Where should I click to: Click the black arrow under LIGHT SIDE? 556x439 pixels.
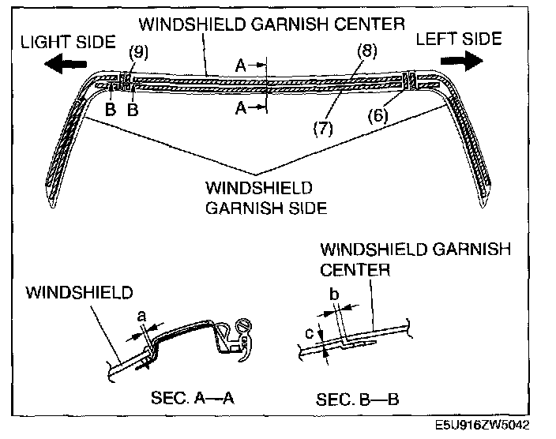click(66, 64)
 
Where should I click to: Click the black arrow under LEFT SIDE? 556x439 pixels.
click(462, 61)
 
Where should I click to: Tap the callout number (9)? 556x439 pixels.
click(139, 52)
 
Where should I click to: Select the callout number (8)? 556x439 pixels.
click(367, 51)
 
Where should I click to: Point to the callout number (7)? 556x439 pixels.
click(323, 129)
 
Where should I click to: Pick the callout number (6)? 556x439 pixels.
click(378, 116)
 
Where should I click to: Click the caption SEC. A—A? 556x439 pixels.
click(193, 398)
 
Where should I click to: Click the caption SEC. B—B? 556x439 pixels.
click(358, 400)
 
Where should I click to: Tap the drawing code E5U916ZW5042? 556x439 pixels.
click(483, 425)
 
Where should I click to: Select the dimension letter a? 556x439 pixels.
click(141, 316)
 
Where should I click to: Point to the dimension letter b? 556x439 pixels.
click(334, 294)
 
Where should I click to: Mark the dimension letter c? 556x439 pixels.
click(310, 333)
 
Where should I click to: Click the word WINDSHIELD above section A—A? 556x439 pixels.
click(79, 293)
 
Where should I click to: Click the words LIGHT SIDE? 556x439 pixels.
click(68, 42)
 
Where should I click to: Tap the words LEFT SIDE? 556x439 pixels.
click(459, 39)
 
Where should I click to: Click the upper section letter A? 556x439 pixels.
click(241, 66)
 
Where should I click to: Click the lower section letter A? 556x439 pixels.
click(241, 107)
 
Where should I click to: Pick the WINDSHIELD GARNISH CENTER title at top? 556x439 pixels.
click(272, 24)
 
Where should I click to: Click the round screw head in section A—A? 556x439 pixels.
click(245, 325)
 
